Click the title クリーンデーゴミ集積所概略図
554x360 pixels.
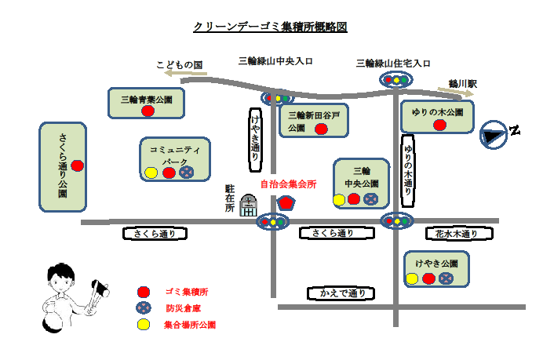(270, 27)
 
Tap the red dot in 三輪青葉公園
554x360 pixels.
(148, 111)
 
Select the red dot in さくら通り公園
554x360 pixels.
(78, 165)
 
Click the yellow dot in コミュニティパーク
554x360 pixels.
(151, 173)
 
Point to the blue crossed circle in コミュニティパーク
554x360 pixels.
(187, 173)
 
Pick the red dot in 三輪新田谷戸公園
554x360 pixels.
(320, 129)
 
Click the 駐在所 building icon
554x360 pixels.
(248, 205)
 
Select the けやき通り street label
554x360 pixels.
(255, 139)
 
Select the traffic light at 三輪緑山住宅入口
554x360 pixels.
(397, 79)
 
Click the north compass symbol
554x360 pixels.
(494, 135)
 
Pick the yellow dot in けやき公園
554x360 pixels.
(412, 278)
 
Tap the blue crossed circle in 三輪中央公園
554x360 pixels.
(369, 199)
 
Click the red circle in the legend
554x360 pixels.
(143, 291)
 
